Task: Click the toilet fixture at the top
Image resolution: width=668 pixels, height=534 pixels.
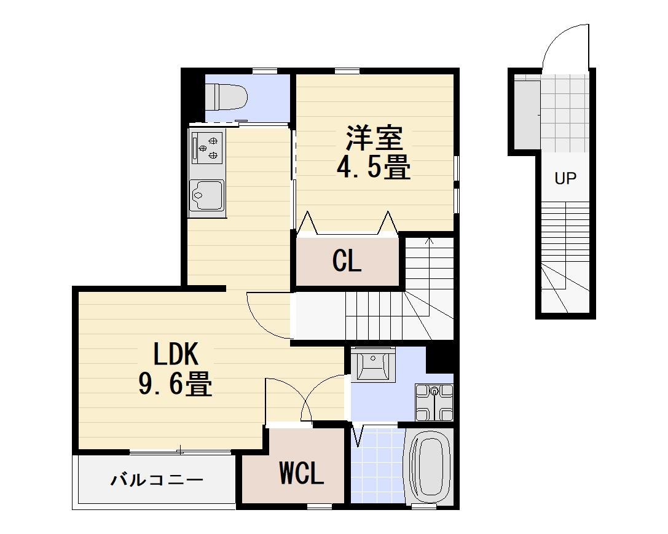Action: (225, 96)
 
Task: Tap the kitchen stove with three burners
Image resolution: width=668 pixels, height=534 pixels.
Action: (206, 148)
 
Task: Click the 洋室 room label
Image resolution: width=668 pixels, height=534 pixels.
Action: (374, 138)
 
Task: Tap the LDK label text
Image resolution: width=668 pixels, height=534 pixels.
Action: (175, 355)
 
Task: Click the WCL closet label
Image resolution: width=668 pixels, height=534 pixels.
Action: (301, 474)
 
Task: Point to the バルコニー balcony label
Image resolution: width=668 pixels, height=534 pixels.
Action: (157, 480)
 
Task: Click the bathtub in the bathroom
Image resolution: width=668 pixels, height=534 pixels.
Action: (430, 467)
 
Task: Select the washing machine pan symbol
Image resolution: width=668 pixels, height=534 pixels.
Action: (434, 402)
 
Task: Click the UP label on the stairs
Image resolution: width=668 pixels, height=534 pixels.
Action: (565, 179)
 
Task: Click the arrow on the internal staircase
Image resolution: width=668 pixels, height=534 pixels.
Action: (430, 241)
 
